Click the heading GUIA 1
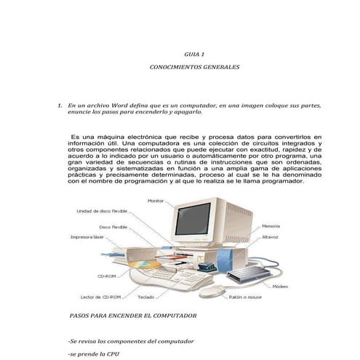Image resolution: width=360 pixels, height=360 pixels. click(194, 54)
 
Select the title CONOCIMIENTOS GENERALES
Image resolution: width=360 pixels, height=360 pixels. click(194, 67)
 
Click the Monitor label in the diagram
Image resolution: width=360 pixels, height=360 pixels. click(156, 200)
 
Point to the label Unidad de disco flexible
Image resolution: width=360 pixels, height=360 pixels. click(103, 211)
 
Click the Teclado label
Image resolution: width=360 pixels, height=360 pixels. click(166, 297)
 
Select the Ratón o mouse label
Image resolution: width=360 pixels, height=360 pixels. click(245, 297)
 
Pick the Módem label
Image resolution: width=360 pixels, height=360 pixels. click(280, 287)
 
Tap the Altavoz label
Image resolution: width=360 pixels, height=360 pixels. click(271, 236)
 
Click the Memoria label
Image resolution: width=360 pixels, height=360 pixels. click(271, 226)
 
